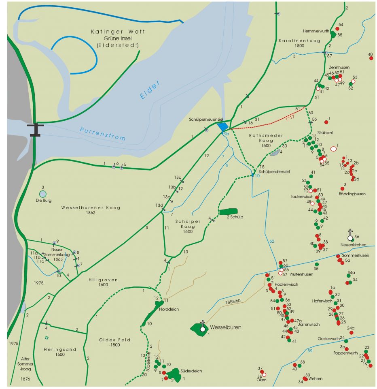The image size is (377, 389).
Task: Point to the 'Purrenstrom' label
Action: [x=102, y=134]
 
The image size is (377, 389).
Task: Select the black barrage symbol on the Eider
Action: [x=36, y=129]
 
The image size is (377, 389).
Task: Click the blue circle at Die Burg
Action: [x=43, y=194]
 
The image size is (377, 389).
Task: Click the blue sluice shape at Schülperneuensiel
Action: [x=222, y=127]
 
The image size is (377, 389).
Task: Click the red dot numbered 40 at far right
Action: [x=371, y=58]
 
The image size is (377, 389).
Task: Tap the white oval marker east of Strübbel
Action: [x=333, y=149]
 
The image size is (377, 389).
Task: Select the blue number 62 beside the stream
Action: [x=272, y=241]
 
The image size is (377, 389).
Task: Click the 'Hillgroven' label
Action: [x=103, y=280]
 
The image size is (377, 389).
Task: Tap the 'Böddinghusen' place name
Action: [x=352, y=194]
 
